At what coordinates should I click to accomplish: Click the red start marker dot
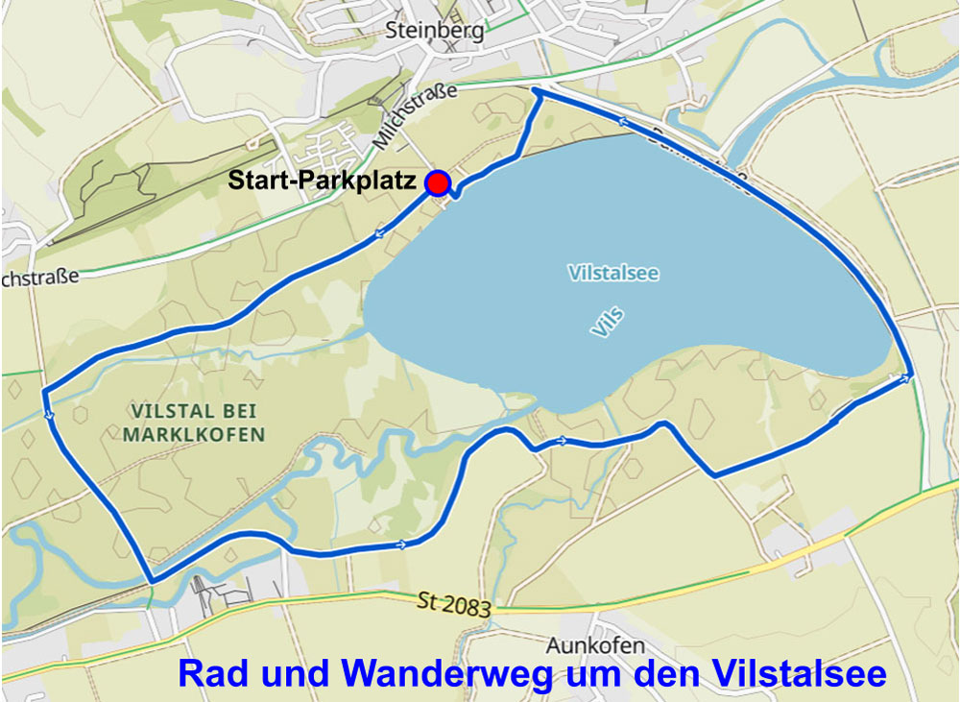(x=438, y=182)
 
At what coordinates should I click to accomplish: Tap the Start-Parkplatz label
(x=322, y=181)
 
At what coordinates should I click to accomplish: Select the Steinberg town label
(x=435, y=30)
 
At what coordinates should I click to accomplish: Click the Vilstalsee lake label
(x=613, y=274)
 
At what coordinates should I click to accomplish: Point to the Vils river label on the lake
(x=608, y=323)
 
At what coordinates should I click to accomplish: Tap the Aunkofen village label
(x=595, y=644)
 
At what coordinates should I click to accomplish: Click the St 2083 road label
(x=455, y=605)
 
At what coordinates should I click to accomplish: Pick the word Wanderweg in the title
(x=447, y=673)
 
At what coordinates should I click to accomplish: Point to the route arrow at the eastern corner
(x=904, y=377)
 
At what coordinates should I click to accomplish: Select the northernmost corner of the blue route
(x=534, y=90)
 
